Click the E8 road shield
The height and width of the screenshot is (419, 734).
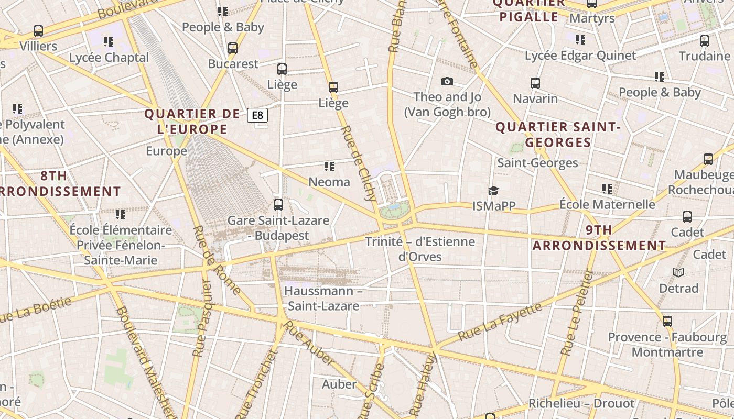(257, 115)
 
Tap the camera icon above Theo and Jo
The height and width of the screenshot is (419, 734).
(447, 81)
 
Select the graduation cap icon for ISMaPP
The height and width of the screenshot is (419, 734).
(493, 191)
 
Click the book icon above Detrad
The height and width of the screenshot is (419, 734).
(678, 272)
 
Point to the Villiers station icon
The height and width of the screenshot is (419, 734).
(38, 31)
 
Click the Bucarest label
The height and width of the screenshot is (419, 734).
(233, 64)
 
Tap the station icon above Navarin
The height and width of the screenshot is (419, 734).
(535, 83)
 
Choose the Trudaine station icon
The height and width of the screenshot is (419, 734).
(705, 41)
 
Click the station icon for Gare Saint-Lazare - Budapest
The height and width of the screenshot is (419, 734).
(278, 205)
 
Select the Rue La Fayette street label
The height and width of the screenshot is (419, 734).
(500, 321)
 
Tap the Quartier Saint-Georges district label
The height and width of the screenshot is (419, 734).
(558, 135)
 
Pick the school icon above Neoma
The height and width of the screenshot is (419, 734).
(329, 167)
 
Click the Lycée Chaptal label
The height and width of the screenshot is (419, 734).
(109, 57)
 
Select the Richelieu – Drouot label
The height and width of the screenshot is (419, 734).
(581, 403)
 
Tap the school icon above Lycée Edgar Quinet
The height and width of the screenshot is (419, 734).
(580, 40)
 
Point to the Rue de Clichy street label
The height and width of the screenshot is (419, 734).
(359, 163)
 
